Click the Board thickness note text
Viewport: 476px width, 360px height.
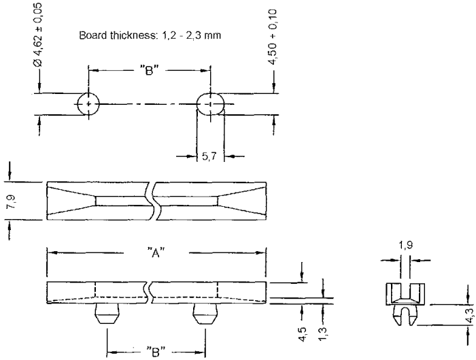click(x=150, y=35)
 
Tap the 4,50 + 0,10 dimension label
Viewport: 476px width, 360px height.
click(x=272, y=37)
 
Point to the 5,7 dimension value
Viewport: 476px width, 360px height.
click(x=209, y=156)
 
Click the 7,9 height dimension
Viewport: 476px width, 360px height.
click(x=12, y=201)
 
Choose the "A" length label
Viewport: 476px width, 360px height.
click(x=156, y=252)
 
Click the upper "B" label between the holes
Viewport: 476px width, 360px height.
click(x=150, y=71)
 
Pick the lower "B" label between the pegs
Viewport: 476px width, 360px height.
click(x=156, y=352)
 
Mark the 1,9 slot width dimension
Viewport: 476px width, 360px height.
click(x=405, y=245)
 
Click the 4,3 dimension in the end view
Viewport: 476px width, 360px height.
click(x=470, y=315)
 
